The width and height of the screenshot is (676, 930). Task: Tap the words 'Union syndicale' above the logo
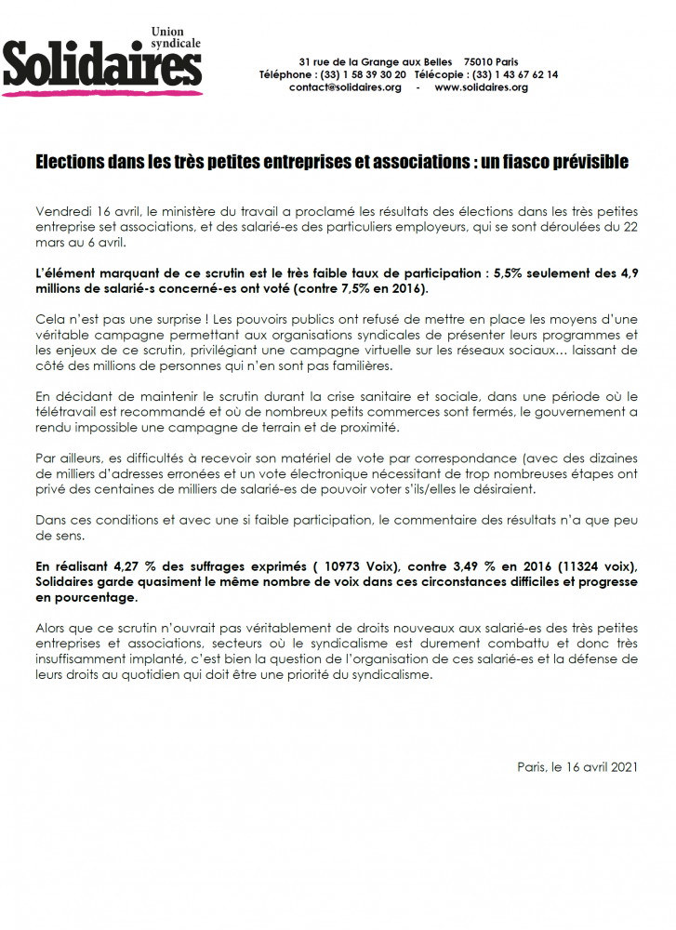[176, 37]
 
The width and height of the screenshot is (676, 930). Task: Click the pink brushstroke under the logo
[102, 91]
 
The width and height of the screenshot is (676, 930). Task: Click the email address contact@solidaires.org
[345, 87]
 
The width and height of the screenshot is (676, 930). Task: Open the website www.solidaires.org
[481, 87]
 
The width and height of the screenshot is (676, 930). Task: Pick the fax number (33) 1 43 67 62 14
[515, 73]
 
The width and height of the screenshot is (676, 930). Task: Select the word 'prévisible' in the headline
[591, 163]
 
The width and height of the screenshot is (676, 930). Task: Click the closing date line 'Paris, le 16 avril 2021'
[577, 767]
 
